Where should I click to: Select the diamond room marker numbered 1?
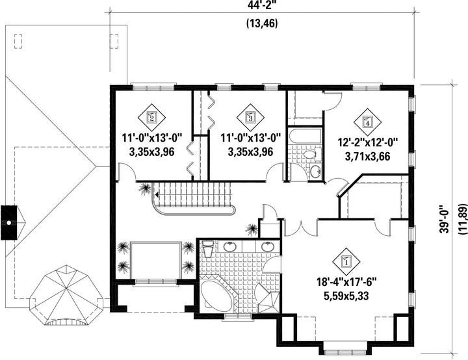346,262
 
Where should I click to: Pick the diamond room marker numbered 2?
151,118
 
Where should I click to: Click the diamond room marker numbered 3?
250,118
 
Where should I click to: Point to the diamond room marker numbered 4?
367,122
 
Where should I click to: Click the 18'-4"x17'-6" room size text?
346,282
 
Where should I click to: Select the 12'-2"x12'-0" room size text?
368,142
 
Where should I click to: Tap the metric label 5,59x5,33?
346,296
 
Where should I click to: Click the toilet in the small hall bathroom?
311,154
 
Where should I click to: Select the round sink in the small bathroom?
315,171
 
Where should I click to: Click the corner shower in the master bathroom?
268,298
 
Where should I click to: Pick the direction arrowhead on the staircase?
157,195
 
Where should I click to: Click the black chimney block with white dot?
9,222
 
